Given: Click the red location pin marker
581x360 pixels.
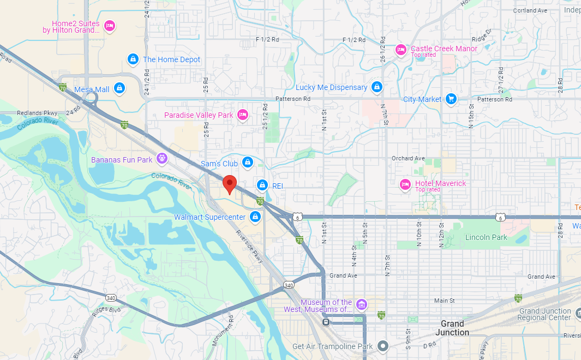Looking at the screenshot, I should click(230, 184).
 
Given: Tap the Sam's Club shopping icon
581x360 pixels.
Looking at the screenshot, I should click(248, 163).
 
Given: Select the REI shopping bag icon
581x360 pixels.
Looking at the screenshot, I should click(262, 185).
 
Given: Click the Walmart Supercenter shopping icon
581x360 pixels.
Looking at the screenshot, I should click(254, 217).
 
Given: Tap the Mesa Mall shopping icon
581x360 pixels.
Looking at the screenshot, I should click(119, 89).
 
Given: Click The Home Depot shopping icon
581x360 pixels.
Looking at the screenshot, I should click(133, 59).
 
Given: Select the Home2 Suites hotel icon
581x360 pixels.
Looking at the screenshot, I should click(110, 25).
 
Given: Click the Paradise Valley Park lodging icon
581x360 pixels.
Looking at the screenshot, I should click(243, 115).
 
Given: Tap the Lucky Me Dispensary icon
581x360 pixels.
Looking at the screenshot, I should click(376, 87).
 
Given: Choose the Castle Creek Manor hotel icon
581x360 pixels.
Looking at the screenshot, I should click(400, 50).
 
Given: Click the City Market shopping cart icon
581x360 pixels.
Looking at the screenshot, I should click(451, 99).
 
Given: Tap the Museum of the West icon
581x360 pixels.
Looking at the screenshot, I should click(361, 304).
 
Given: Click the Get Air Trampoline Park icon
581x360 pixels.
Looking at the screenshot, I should click(384, 346).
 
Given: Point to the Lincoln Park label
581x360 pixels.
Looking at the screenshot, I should click(486, 237).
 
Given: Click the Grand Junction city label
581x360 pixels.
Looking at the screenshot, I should click(452, 328).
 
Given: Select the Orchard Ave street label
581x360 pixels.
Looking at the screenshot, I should click(408, 158).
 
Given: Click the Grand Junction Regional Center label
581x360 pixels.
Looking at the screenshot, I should click(544, 315).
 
